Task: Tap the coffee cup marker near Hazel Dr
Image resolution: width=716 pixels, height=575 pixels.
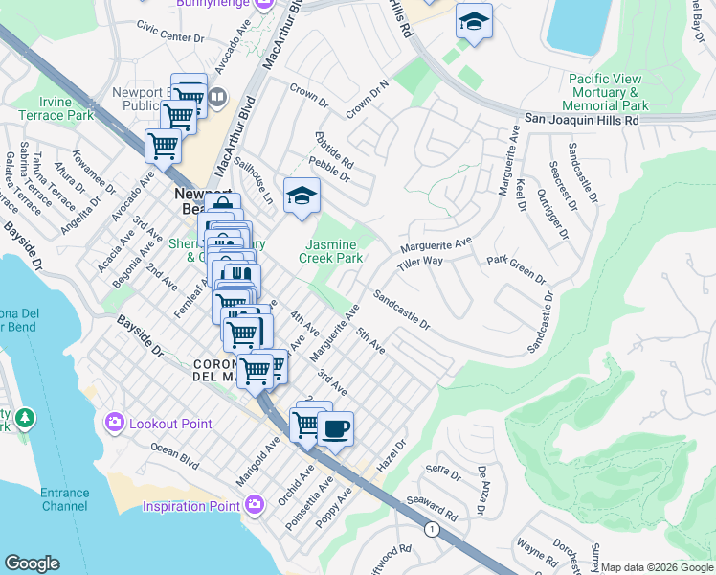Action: pyautogui.click(x=335, y=428)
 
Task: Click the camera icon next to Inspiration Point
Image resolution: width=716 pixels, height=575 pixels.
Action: pyautogui.click(x=255, y=504)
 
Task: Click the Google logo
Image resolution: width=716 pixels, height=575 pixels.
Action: pyautogui.click(x=32, y=563)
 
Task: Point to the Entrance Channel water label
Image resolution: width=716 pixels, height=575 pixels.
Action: pyautogui.click(x=64, y=499)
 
